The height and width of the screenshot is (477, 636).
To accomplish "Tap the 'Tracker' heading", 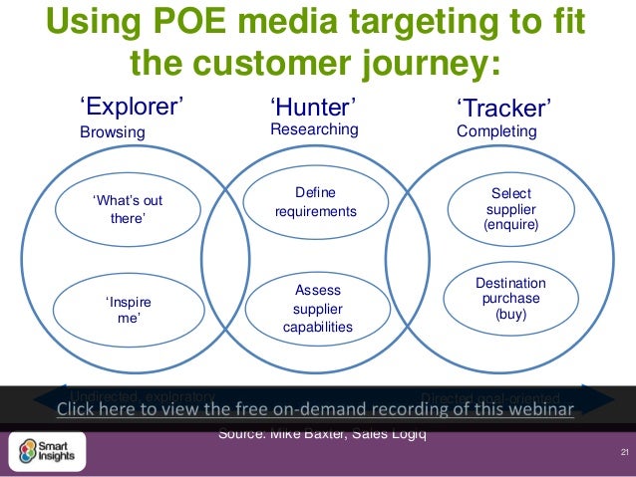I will pos(504,107).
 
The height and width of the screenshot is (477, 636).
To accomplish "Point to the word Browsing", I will pos(113,132).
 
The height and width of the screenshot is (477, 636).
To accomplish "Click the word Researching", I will pos(314,130).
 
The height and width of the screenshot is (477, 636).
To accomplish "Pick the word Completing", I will pos(496,131).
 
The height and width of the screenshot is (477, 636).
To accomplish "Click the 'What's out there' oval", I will pos(127,209).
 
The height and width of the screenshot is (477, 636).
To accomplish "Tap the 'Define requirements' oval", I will pos(315,202).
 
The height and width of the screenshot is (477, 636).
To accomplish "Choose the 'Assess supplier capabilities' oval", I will pos(315,308).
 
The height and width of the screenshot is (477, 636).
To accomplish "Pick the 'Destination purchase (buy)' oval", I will pos(510,299).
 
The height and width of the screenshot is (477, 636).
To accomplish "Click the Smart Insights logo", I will pos(47,450).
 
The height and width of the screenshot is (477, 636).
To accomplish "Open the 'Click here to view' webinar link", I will pos(315,411).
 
